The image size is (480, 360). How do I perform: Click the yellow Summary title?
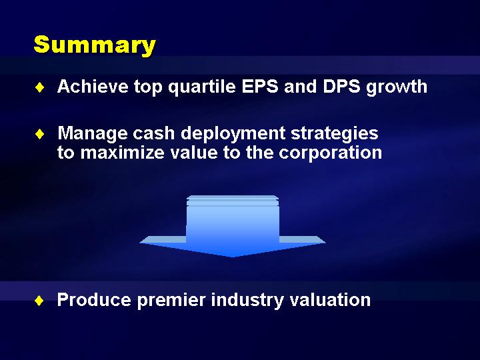[95, 45]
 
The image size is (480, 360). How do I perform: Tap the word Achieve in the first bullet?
[93, 86]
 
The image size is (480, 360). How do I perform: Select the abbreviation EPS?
[260, 86]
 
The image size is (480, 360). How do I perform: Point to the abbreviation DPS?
[341, 86]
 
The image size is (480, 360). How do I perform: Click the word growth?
[397, 87]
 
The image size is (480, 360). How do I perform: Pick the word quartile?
[202, 87]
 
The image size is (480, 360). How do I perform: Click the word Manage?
[93, 134]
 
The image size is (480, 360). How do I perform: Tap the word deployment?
[233, 134]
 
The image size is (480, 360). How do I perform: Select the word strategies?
[335, 134]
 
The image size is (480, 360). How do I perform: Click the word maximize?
[123, 152]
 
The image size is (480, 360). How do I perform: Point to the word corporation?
[330, 153]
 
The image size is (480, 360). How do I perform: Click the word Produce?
[94, 299]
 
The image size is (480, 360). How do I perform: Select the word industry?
[247, 300]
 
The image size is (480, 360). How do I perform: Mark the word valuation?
[330, 299]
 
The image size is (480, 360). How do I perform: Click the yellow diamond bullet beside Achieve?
[40, 87]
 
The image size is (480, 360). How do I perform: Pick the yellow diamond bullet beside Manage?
[40, 134]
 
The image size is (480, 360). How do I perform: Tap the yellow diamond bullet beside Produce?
[39, 301]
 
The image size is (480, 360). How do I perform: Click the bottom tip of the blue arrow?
[233, 257]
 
